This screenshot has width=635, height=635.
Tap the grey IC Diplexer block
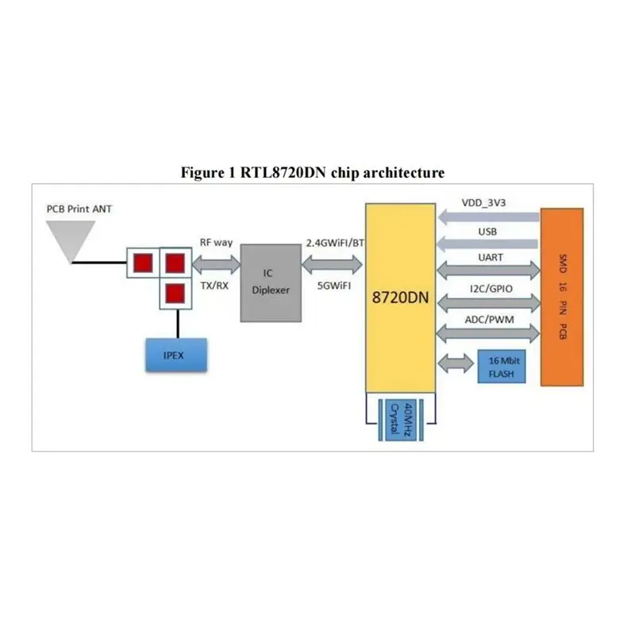271,282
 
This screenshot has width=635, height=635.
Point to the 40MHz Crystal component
401,418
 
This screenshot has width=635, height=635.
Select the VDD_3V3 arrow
487,216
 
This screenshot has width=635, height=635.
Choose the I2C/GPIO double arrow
487,301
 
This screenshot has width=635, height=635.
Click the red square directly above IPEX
175,294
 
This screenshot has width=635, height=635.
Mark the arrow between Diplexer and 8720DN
333,261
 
